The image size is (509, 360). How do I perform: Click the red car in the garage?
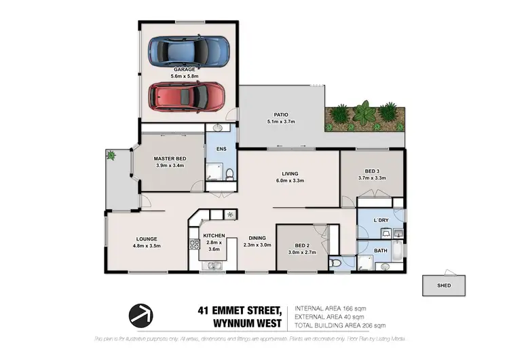[187, 96]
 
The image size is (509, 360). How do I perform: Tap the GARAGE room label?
[184, 69]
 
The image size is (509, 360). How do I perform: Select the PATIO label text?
[282, 115]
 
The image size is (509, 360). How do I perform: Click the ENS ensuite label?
[221, 148]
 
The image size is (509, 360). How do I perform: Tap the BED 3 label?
[372, 170]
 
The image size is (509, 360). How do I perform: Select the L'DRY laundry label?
[381, 219]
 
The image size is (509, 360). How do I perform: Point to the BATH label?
[381, 251]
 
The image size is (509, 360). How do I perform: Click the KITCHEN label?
[213, 235]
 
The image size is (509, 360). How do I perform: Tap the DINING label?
[257, 238]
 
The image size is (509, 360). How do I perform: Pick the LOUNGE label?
[146, 238]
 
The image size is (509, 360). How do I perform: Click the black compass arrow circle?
[143, 314]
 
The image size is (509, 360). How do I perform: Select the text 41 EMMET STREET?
[241, 309]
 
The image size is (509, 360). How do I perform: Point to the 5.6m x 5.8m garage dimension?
[184, 76]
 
